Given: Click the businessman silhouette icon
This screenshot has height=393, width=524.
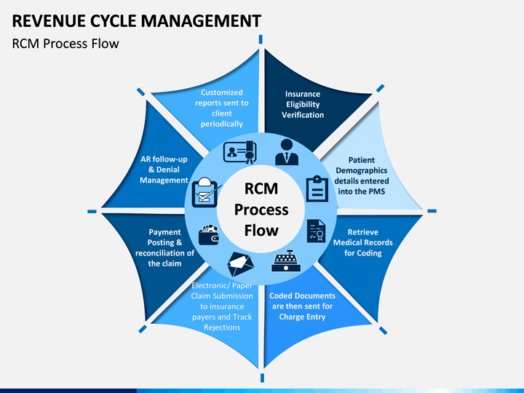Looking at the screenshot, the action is click(287, 152).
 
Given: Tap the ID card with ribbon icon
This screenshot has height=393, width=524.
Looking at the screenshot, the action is click(240, 152).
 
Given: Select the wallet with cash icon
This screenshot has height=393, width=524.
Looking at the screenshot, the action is click(209, 234).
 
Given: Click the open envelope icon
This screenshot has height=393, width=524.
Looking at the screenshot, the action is click(240, 264).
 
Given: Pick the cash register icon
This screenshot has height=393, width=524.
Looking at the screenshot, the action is click(286, 261).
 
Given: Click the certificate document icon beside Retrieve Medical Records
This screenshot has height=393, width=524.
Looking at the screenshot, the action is click(316, 231).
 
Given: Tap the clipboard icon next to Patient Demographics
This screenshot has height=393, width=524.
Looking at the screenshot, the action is click(317, 188).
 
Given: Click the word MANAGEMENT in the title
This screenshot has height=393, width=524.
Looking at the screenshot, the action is click(201, 20).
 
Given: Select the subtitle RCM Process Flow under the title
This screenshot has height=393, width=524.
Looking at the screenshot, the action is click(65, 44).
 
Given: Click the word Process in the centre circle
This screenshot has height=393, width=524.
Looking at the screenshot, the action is click(261, 210).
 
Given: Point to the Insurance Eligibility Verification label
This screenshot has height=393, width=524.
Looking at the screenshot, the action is click(303, 104).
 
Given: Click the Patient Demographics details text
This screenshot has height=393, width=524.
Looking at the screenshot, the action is click(362, 176).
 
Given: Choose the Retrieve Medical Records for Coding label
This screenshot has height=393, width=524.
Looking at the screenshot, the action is click(363, 242).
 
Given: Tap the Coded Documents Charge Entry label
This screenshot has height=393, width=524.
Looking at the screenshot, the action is click(303, 306).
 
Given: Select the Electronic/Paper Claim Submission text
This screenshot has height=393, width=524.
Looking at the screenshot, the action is click(222, 306).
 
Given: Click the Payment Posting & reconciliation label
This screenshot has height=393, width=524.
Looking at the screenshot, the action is click(164, 247).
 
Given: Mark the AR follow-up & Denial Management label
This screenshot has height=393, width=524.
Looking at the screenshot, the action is click(164, 170).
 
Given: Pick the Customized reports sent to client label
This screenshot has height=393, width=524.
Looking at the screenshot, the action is click(222, 108).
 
